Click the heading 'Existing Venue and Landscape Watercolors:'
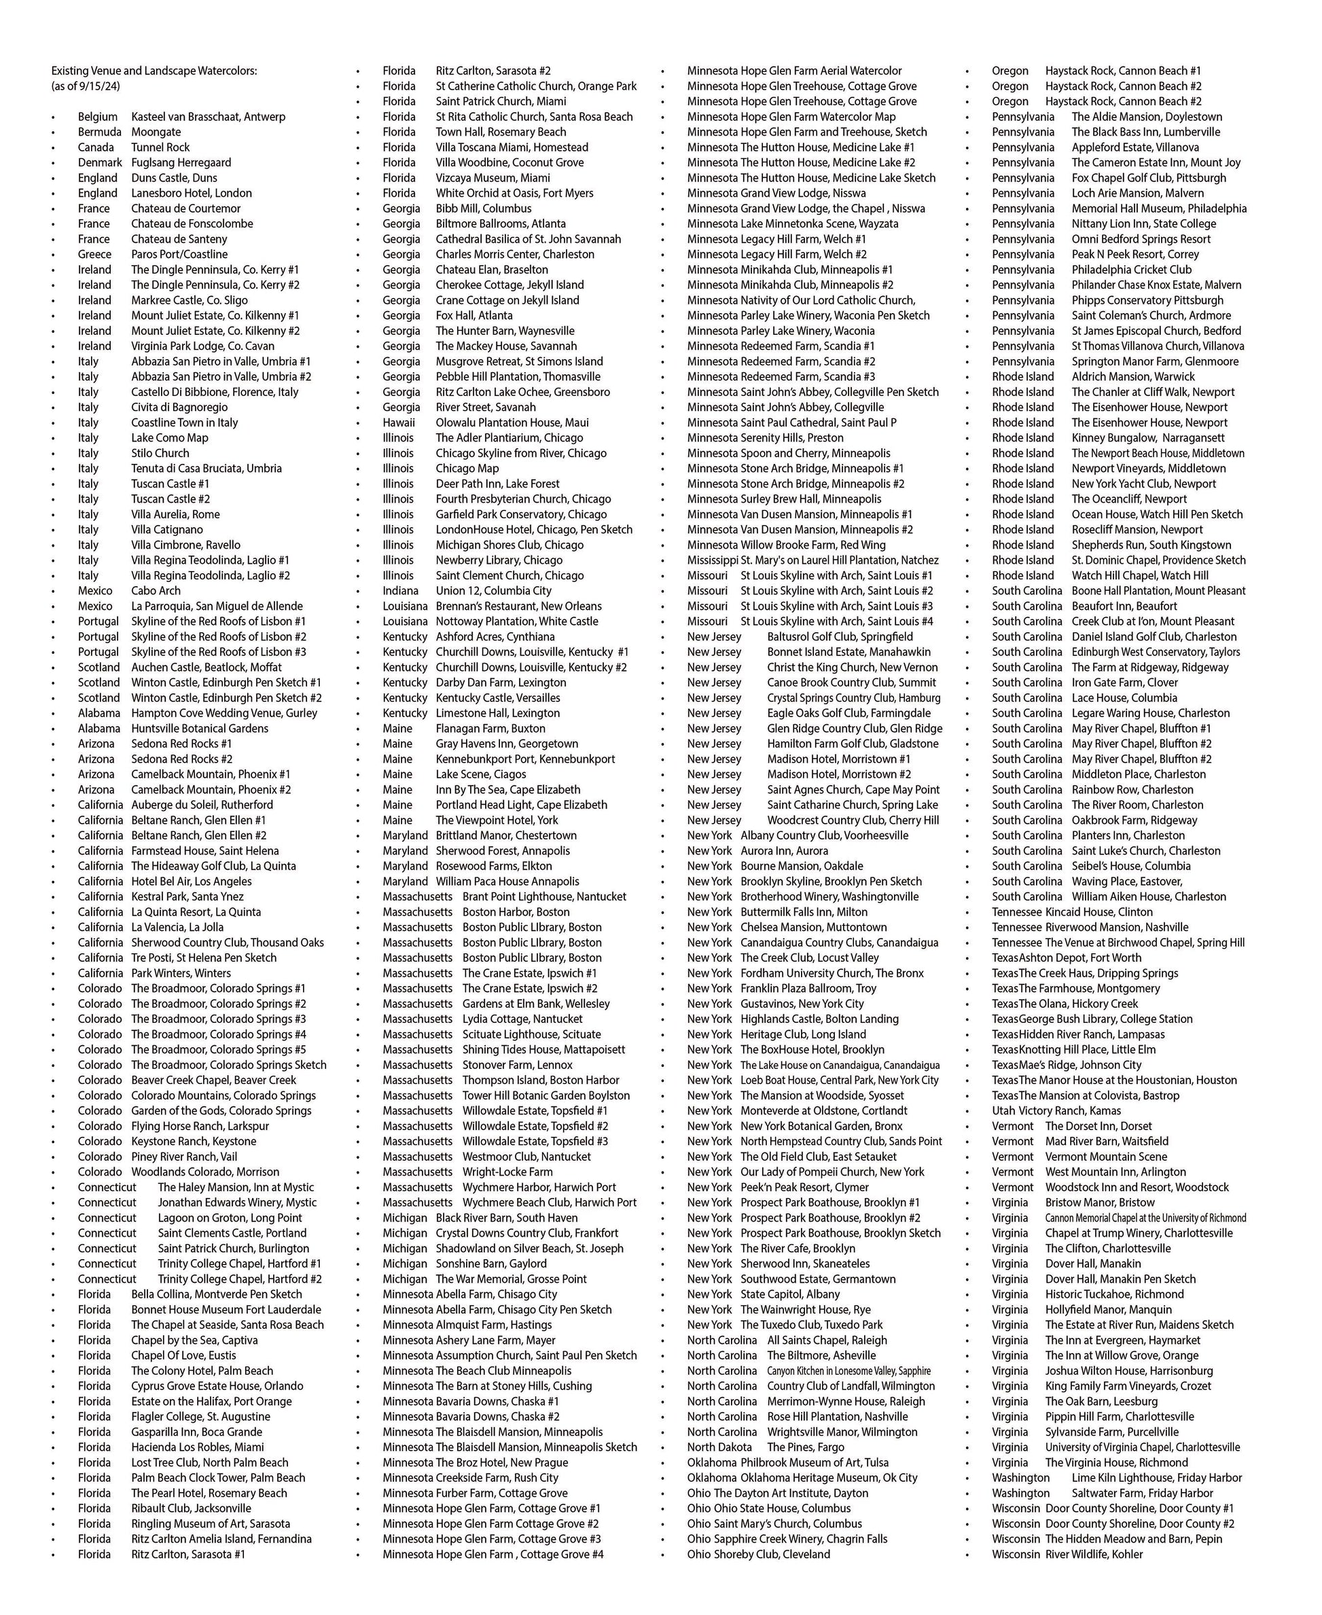pos(154,71)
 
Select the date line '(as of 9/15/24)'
pos(86,86)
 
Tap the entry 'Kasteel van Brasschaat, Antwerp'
pos(208,117)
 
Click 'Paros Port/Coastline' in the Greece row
pos(179,254)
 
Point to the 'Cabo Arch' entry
pos(156,591)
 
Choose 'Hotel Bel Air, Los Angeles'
pos(191,881)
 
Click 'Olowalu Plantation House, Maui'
pos(512,422)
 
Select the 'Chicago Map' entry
pos(467,469)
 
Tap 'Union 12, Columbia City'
pos(493,591)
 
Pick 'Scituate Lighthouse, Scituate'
pos(531,1034)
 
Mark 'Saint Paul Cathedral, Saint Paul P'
pos(818,422)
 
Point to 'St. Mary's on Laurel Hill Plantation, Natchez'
pos(839,560)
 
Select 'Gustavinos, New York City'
pos(802,1004)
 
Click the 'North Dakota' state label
pos(719,1447)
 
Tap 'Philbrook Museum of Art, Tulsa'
pos(814,1462)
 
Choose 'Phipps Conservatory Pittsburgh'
pos(1147,300)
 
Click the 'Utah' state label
pos(1002,1111)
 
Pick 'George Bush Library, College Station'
pos(1106,1019)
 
